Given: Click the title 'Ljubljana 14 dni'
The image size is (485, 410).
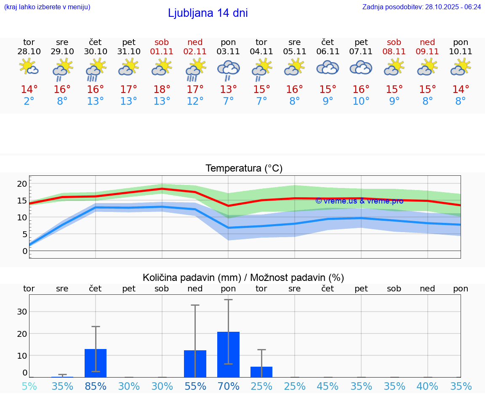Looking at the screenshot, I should tap(208, 13).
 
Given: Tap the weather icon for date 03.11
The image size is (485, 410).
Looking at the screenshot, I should tap(228, 69).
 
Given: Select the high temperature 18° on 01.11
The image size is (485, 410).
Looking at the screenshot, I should tap(162, 90).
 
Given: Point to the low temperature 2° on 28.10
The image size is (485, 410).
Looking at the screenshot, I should tap(29, 101).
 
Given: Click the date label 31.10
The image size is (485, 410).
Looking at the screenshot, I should tap(128, 52).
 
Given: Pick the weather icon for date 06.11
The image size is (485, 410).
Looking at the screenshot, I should tap(328, 67).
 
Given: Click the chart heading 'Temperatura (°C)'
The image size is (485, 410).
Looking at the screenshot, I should tap(244, 169).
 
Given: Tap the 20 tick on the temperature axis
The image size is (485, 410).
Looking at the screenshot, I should tap(22, 184).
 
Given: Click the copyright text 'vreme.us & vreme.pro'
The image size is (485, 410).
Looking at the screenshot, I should tap(359, 201).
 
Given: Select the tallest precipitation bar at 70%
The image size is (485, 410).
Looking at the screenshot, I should tap(228, 354).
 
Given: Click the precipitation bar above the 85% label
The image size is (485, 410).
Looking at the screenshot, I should tap(96, 363).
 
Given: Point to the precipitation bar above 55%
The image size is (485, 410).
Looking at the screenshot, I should tap(195, 364).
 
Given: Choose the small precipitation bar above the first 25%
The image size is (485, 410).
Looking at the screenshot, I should tap(261, 372).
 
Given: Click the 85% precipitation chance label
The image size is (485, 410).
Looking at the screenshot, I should tap(96, 386).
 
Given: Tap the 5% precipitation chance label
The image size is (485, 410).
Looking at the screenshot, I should tap(29, 386).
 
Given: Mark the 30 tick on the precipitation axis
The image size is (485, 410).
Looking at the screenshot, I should tap(22, 312).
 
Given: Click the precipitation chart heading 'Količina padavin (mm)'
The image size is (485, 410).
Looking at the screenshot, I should tap(192, 278).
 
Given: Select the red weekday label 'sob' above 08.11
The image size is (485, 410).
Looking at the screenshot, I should tap(394, 42).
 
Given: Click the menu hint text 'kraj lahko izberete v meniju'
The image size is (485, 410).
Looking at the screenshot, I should tap(47, 7).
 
